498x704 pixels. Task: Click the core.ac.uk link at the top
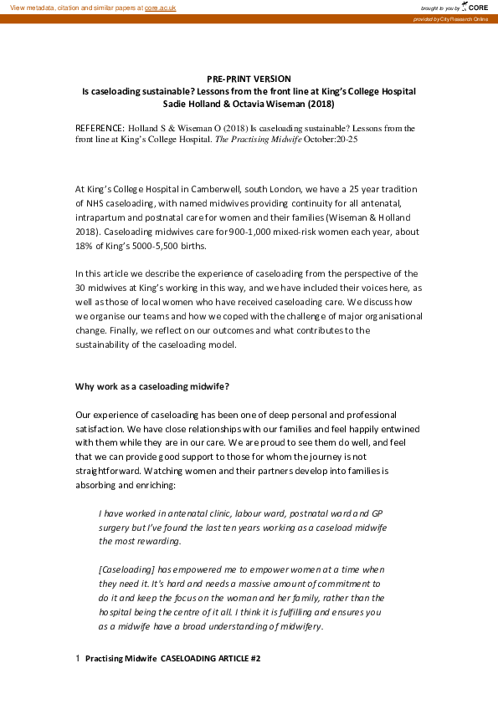coord(161,7)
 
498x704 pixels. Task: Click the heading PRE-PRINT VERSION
coord(249,79)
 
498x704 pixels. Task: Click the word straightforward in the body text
coord(111,469)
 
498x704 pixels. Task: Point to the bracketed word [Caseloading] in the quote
coord(126,569)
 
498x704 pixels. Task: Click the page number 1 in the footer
coord(78,659)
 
